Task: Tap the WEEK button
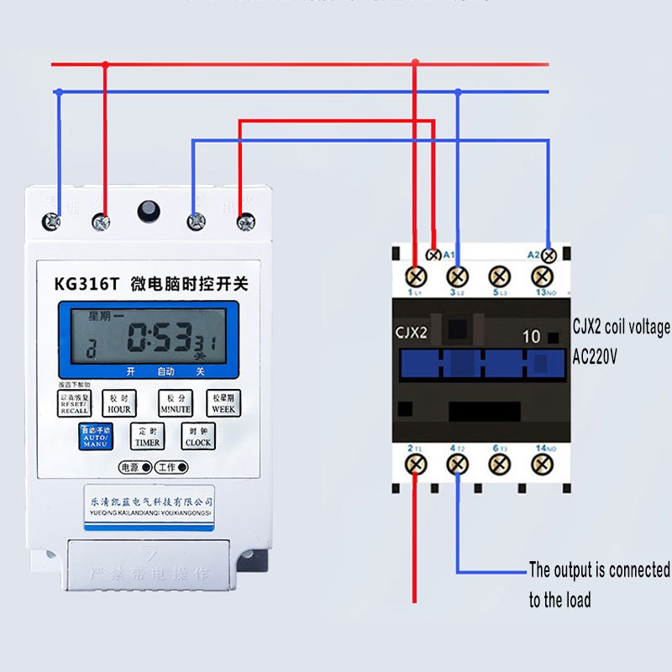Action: pos(223,403)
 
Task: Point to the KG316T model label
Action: pos(87,284)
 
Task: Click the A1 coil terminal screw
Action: pos(434,255)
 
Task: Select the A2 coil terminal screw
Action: pos(549,255)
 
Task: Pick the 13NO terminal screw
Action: pos(542,276)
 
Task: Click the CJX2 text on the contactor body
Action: pos(412,333)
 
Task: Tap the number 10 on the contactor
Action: pos(531,337)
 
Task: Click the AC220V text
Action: pos(596,357)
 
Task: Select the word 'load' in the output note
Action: pos(576,600)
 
